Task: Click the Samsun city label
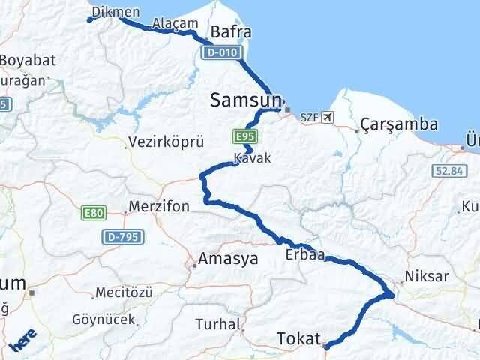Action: tap(247, 100)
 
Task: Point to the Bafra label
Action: tap(231, 32)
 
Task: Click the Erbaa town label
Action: tap(304, 255)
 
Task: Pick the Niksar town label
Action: tap(427, 276)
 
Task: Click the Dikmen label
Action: tap(116, 11)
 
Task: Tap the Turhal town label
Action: tap(217, 324)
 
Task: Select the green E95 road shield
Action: tap(241, 137)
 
